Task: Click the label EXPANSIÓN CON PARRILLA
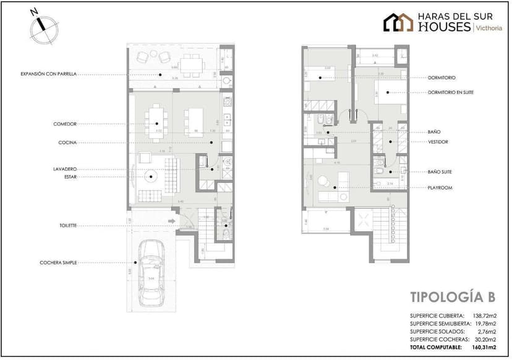click(x=49, y=74)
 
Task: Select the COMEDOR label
click(x=65, y=124)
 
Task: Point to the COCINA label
click(x=67, y=142)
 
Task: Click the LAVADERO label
click(x=65, y=169)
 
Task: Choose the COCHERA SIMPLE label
click(x=58, y=262)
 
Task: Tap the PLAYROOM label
click(x=438, y=187)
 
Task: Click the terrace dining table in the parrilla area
click(x=192, y=59)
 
